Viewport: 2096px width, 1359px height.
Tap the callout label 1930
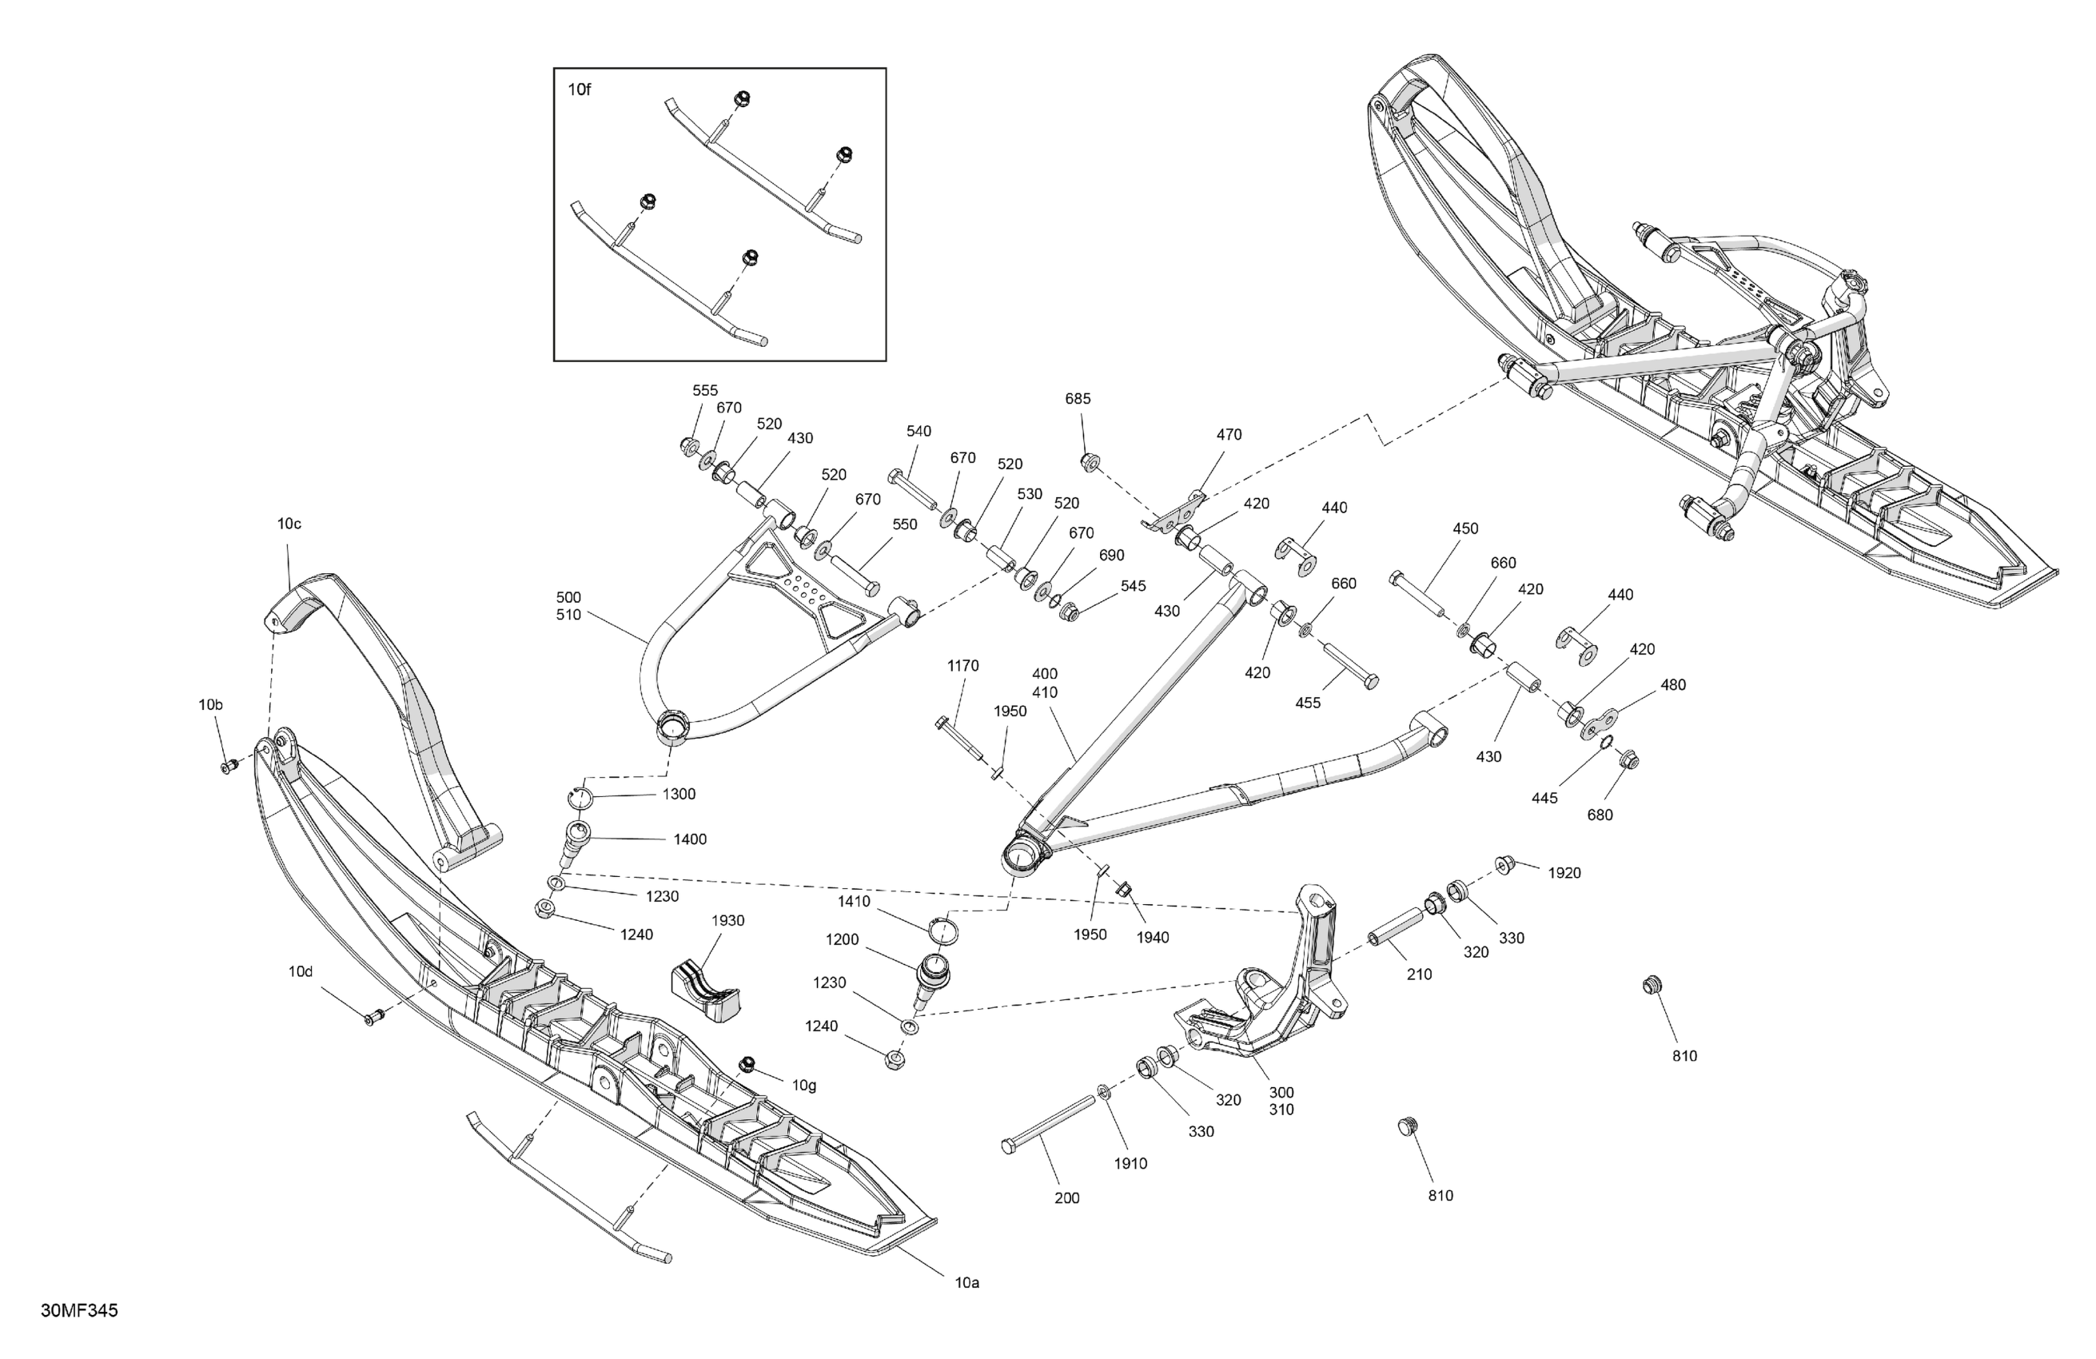[727, 920]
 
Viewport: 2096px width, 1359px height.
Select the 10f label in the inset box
[580, 89]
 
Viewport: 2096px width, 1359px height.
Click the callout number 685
[1078, 398]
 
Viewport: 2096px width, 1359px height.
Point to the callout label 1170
[962, 666]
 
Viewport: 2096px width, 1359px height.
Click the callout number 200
[1066, 1198]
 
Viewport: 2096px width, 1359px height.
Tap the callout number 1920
[1565, 873]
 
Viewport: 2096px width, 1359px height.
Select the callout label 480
[1673, 684]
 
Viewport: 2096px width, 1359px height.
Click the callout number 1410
[855, 902]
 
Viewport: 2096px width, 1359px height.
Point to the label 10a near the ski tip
[967, 1283]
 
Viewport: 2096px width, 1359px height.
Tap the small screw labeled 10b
[229, 767]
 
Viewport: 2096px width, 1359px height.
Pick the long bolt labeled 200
[1048, 1123]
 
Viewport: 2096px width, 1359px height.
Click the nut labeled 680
[1628, 759]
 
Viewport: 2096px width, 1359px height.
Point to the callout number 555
[704, 390]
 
